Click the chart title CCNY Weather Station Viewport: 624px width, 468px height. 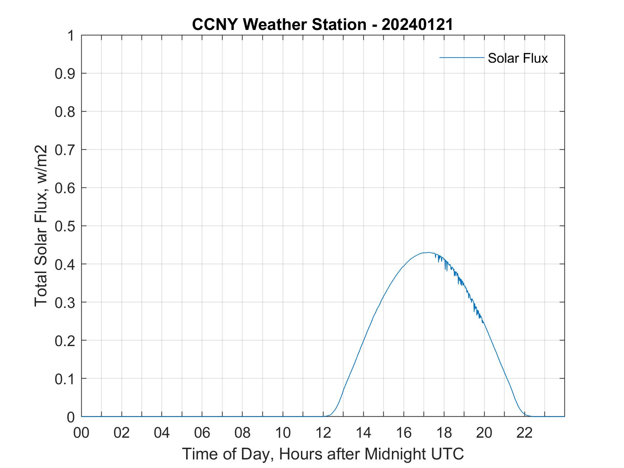[279, 25]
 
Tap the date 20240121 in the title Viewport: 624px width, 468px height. [417, 25]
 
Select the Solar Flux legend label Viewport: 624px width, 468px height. [517, 58]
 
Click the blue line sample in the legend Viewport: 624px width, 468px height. [461, 57]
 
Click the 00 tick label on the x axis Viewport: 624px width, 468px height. [81, 433]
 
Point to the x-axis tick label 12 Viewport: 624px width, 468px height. [323, 433]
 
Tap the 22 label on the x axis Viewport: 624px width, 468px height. [525, 433]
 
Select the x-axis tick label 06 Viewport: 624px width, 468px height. [202, 433]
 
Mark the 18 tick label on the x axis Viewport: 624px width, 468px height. [444, 433]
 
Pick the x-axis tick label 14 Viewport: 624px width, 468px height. [363, 433]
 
